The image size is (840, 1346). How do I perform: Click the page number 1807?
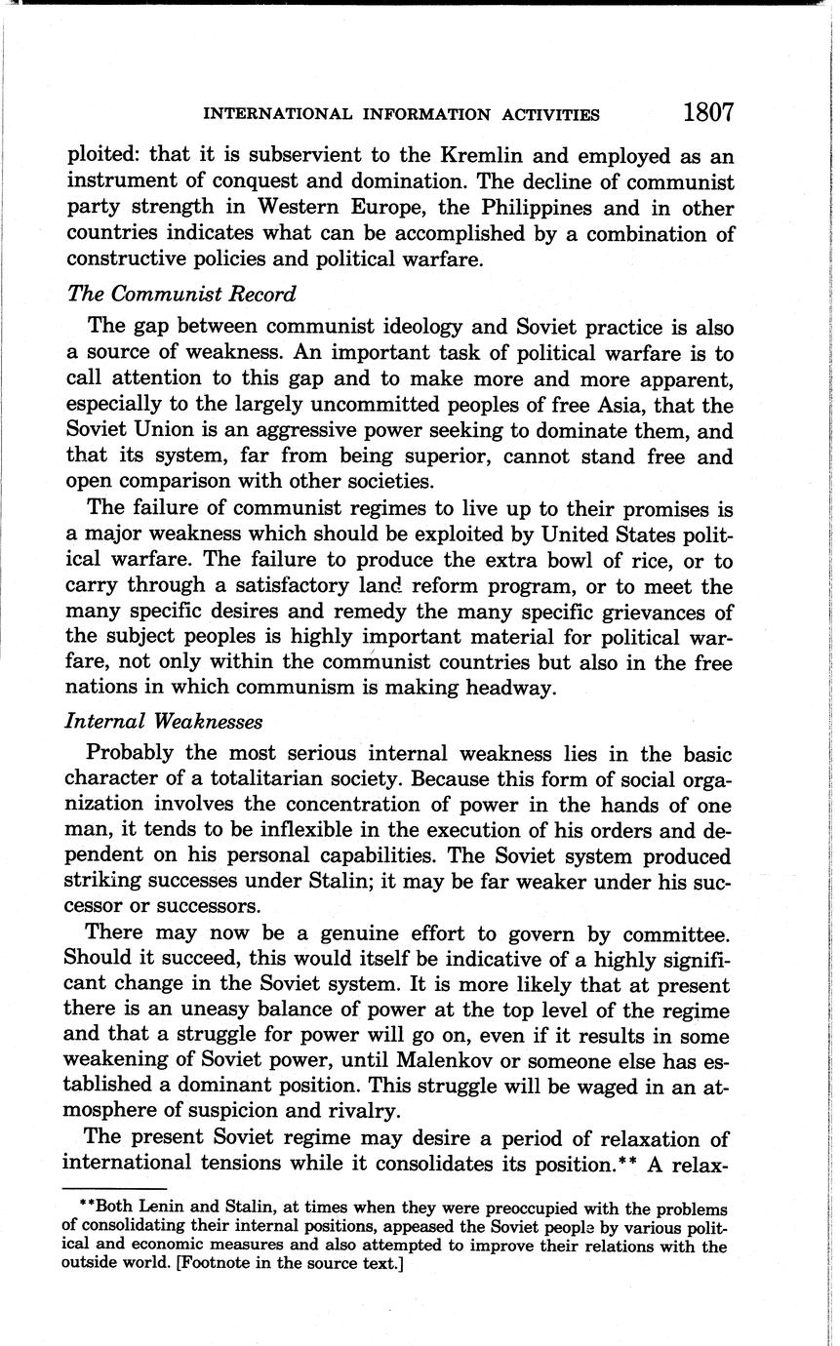pos(707,113)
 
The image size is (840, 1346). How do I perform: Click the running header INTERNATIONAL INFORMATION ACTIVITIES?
pos(401,115)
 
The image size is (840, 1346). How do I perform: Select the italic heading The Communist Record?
pos(180,294)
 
